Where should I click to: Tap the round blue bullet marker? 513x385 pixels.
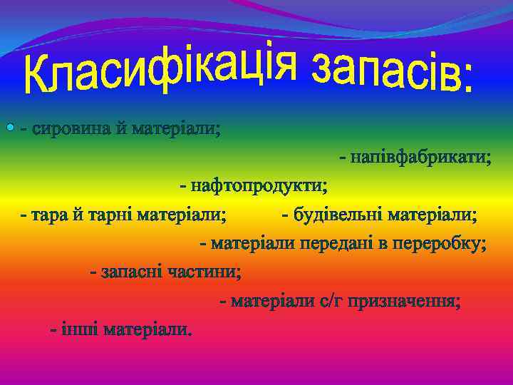10,128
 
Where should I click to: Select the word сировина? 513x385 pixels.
68,130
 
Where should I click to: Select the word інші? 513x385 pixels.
80,329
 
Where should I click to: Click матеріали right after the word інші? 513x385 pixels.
147,329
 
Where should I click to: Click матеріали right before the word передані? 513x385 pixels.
253,244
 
